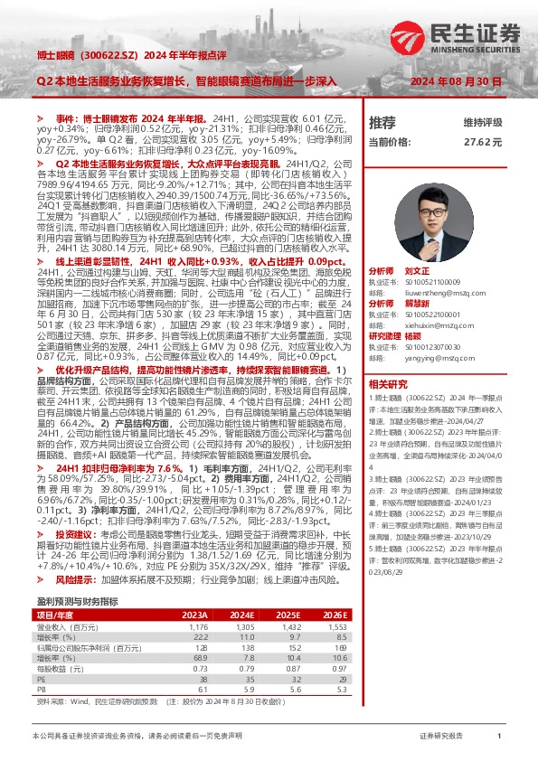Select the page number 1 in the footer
pos(499,737)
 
